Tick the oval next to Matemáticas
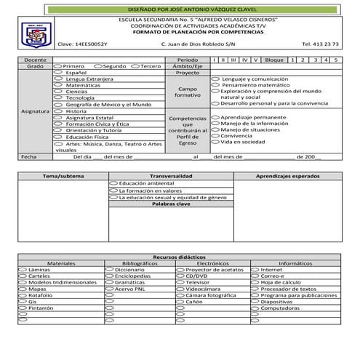pyautogui.click(x=59, y=85)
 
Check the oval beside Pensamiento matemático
pyautogui.click(x=215, y=84)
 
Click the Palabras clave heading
pyautogui.click(x=171, y=204)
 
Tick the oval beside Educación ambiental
pyautogui.click(x=113, y=183)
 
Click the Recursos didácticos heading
pyautogui.click(x=180, y=257)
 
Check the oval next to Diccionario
pyautogui.click(x=109, y=269)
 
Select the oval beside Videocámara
pyautogui.click(x=180, y=289)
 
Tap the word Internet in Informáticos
pyautogui.click(x=271, y=269)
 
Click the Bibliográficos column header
pyautogui.click(x=140, y=263)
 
